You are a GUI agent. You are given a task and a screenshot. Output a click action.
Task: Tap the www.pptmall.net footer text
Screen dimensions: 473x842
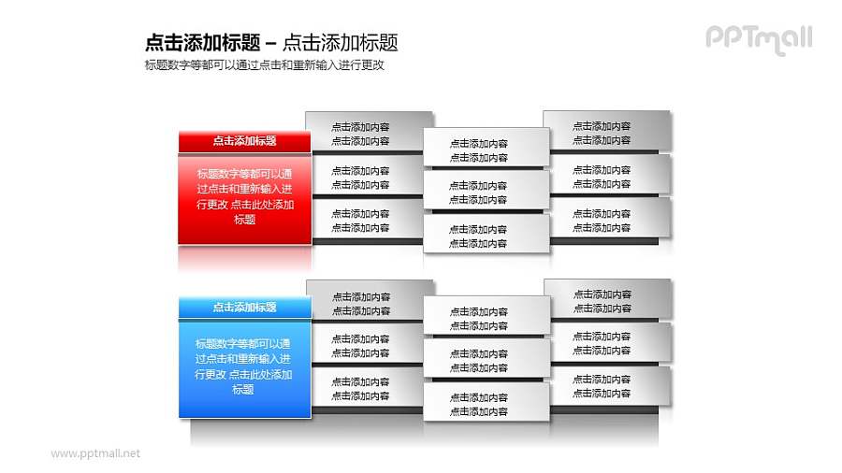pyautogui.click(x=94, y=453)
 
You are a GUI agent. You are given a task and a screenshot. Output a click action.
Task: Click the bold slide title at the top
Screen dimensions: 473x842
pyautogui.click(x=271, y=42)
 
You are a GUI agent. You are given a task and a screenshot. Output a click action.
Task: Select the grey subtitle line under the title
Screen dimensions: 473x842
pyautogui.click(x=265, y=65)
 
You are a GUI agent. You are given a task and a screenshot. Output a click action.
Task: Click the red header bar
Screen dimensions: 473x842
pyautogui.click(x=244, y=141)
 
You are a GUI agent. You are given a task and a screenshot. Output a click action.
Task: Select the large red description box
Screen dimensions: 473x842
pyautogui.click(x=244, y=198)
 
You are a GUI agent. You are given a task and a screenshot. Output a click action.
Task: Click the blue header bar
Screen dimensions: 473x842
pyautogui.click(x=244, y=307)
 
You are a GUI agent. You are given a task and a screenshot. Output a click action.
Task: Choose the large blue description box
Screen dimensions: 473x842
pyautogui.click(x=244, y=366)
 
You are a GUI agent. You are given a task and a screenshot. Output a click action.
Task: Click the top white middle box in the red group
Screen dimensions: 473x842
pyautogui.click(x=486, y=149)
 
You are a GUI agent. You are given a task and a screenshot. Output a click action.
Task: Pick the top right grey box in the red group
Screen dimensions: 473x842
pyautogui.click(x=607, y=132)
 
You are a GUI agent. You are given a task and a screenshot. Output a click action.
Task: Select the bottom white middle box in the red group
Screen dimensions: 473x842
pyautogui.click(x=486, y=235)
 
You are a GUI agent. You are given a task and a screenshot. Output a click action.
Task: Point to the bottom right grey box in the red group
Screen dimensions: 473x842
pyautogui.click(x=607, y=219)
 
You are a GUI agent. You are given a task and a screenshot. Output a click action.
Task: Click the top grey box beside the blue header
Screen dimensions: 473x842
pyautogui.click(x=369, y=301)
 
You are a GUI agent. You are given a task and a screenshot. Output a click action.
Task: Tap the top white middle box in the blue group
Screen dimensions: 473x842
pyautogui.click(x=486, y=317)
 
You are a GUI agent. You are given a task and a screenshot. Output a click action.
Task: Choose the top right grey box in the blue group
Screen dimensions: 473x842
pyautogui.click(x=607, y=300)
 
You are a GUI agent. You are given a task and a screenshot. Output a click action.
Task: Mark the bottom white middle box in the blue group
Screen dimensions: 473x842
pyautogui.click(x=486, y=403)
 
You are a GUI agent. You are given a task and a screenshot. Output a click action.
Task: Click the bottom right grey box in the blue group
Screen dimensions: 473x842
pyautogui.click(x=607, y=385)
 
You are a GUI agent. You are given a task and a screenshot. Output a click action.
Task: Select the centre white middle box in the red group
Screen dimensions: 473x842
pyautogui.click(x=486, y=191)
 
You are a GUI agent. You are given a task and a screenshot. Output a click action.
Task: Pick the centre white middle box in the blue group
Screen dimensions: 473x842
pyautogui.click(x=486, y=360)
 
